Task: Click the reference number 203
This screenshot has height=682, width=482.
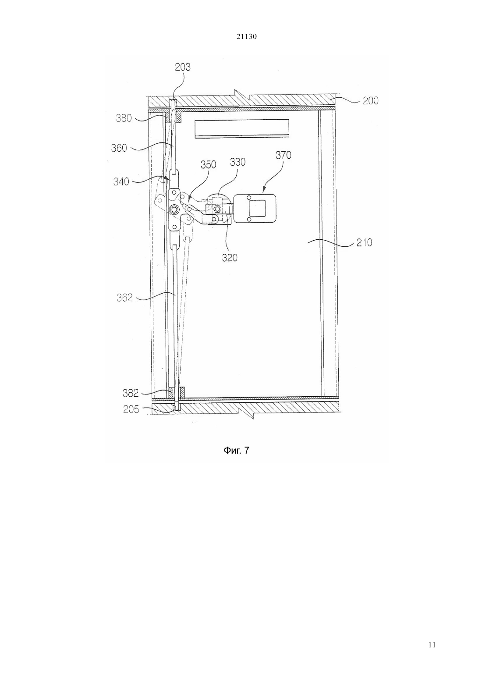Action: point(183,67)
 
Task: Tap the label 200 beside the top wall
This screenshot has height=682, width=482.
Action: point(370,100)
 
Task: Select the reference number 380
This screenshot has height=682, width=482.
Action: point(124,118)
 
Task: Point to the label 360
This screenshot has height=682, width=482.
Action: point(119,148)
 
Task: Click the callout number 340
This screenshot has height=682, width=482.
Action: point(121,182)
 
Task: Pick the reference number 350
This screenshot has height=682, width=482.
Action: point(208,165)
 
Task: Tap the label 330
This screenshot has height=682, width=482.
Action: point(237,162)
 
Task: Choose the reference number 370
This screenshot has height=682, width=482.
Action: point(284,155)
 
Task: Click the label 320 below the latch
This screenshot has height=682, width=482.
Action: point(230,258)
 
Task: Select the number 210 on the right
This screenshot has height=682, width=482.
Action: point(364,243)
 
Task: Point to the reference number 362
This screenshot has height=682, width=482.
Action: point(125,298)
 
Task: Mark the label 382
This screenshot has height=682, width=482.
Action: point(131,393)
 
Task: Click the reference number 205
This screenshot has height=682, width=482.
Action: point(131,409)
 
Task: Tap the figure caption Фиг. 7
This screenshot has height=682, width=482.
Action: point(237,450)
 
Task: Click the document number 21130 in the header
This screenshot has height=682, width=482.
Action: point(246,37)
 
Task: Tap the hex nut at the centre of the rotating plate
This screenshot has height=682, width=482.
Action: point(174,209)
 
